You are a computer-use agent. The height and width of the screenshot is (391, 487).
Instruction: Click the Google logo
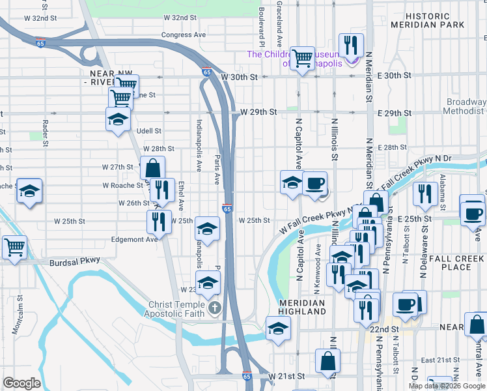click(21, 383)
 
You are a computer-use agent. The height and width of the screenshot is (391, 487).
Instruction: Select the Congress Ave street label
click(183, 35)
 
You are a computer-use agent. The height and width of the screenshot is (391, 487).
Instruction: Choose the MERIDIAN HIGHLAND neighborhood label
click(302, 308)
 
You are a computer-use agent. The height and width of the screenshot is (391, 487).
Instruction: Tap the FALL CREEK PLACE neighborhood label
click(455, 262)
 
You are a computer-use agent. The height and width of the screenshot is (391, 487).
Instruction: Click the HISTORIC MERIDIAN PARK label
click(428, 20)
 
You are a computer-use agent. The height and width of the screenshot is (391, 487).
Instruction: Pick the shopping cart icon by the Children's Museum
click(302, 58)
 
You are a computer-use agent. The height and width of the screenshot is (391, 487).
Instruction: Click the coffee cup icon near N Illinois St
click(315, 183)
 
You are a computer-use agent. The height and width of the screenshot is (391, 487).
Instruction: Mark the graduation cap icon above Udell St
click(118, 119)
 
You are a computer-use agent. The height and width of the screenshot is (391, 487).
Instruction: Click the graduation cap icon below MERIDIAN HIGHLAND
click(278, 328)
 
